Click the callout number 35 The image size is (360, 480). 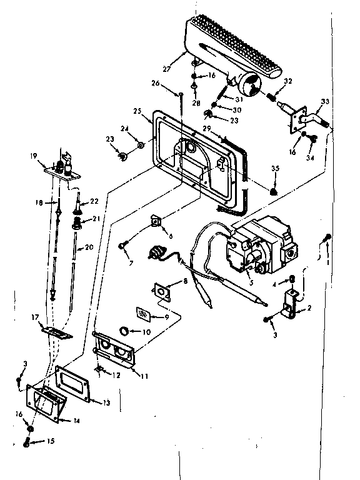tap(275, 169)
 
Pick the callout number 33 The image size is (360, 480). tap(324, 102)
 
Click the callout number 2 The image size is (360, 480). tap(308, 309)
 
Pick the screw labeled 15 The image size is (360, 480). tap(28, 444)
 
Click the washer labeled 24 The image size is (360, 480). tap(141, 146)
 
